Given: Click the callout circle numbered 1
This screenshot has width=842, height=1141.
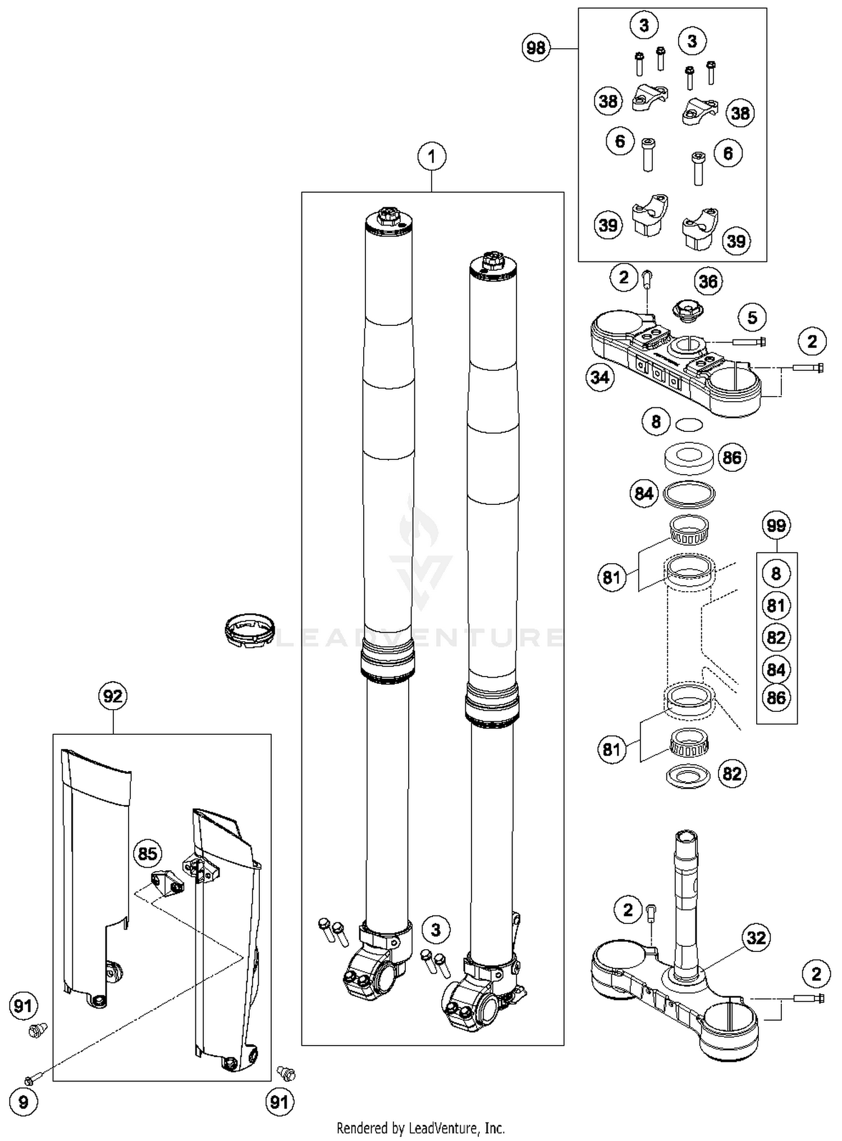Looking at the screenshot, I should (431, 157).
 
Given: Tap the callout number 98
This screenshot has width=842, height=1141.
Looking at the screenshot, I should (536, 48).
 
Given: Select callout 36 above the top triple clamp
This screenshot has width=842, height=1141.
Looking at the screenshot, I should (708, 282).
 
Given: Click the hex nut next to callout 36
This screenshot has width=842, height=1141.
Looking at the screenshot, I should (688, 310).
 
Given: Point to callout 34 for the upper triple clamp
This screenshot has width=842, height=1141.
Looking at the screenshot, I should (600, 377).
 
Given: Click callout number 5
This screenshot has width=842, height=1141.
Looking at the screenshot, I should (752, 318).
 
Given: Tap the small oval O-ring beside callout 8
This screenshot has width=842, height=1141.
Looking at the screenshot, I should (689, 425).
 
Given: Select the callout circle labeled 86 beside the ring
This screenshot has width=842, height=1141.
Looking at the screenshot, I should (732, 458).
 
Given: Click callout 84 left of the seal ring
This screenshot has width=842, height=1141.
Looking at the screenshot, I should (643, 494).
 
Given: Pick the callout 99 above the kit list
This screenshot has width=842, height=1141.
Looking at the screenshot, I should (776, 526).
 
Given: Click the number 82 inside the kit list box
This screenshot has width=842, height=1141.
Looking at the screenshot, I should (776, 638).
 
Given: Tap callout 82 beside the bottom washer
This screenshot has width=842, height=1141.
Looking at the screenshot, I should (732, 774).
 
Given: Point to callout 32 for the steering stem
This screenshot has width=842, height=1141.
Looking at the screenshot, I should (756, 937).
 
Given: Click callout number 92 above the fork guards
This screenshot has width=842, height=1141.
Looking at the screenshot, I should (113, 696).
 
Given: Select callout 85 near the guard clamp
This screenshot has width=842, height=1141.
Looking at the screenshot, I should (147, 854).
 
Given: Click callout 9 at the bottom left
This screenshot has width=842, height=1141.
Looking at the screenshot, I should (23, 1102).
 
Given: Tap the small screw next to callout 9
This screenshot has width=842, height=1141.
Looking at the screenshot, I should (33, 1079).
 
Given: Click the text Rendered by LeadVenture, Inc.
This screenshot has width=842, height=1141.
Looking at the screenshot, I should (420, 1128).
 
